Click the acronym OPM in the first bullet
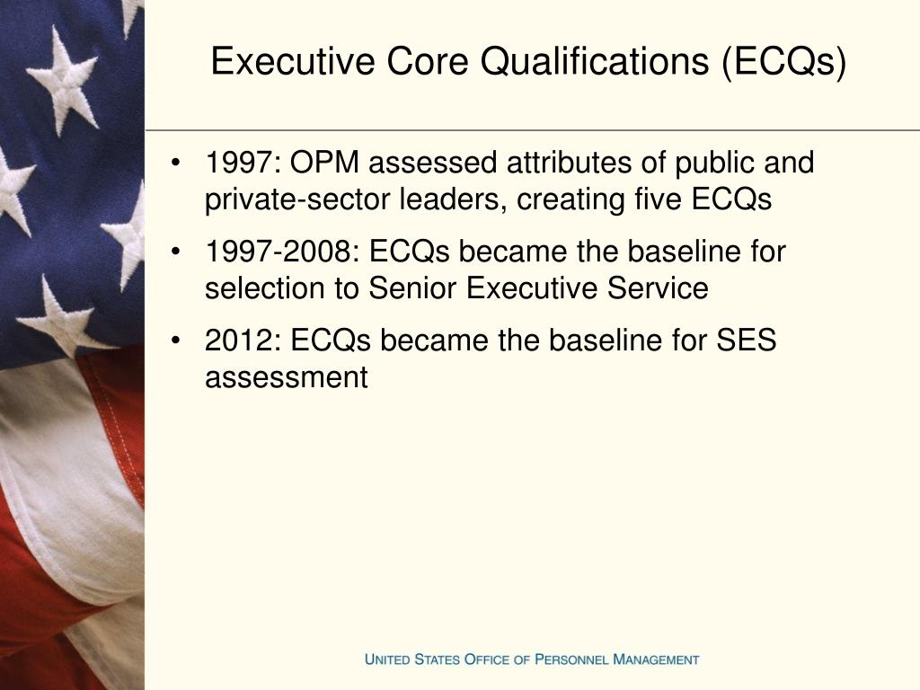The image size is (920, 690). [x=328, y=164]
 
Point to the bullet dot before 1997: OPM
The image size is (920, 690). [x=181, y=164]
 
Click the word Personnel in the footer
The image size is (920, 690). [x=571, y=659]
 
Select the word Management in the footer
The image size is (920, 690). [x=656, y=659]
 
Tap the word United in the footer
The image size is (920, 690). [x=387, y=659]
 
